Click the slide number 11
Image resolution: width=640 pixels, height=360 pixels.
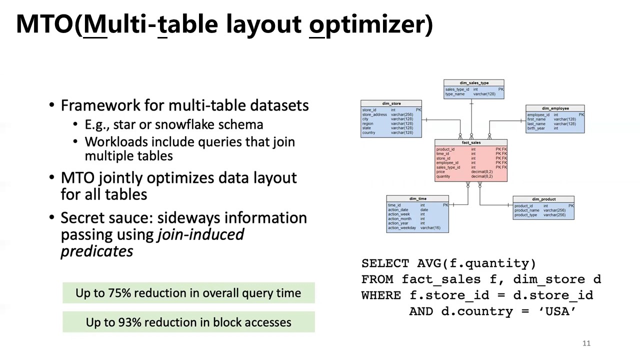(586, 343)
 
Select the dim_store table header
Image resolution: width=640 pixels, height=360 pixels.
(391, 103)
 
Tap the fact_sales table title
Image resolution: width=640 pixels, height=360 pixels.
(471, 142)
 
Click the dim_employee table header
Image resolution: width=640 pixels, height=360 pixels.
(555, 108)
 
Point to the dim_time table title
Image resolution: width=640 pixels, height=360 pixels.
(417, 199)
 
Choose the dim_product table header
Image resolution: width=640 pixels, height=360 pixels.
(543, 199)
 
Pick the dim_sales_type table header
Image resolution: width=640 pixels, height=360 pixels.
(473, 83)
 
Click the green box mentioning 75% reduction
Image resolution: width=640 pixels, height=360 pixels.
(188, 293)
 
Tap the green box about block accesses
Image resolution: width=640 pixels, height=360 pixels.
(188, 322)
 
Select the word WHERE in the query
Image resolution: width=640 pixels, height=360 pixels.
(381, 295)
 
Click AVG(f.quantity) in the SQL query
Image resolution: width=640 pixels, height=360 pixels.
(476, 263)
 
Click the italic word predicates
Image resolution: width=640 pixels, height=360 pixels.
(97, 251)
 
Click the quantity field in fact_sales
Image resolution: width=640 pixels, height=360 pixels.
(443, 176)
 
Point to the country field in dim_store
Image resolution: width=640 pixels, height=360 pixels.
(369, 132)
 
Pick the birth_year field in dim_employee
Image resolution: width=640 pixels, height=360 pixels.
(536, 128)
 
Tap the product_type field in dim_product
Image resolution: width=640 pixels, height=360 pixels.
(526, 215)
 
